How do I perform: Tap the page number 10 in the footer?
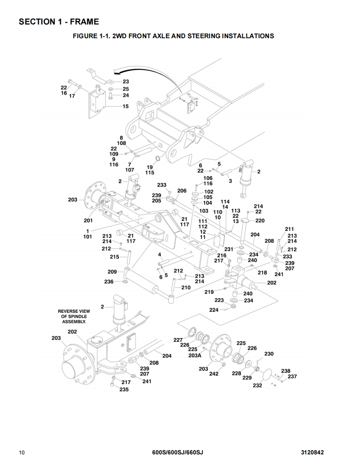(x=22, y=452)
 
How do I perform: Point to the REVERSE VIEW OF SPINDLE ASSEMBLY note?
(x=74, y=316)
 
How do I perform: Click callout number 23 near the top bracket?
(x=126, y=82)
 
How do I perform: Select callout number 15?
(x=126, y=106)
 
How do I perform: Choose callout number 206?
(x=182, y=191)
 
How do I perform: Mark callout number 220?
(x=260, y=221)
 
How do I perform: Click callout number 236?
(x=109, y=282)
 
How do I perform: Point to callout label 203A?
(x=195, y=355)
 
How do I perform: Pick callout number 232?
(x=257, y=385)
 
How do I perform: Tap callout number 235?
(x=124, y=390)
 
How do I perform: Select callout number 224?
(x=214, y=310)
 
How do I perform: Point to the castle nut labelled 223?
(x=233, y=307)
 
